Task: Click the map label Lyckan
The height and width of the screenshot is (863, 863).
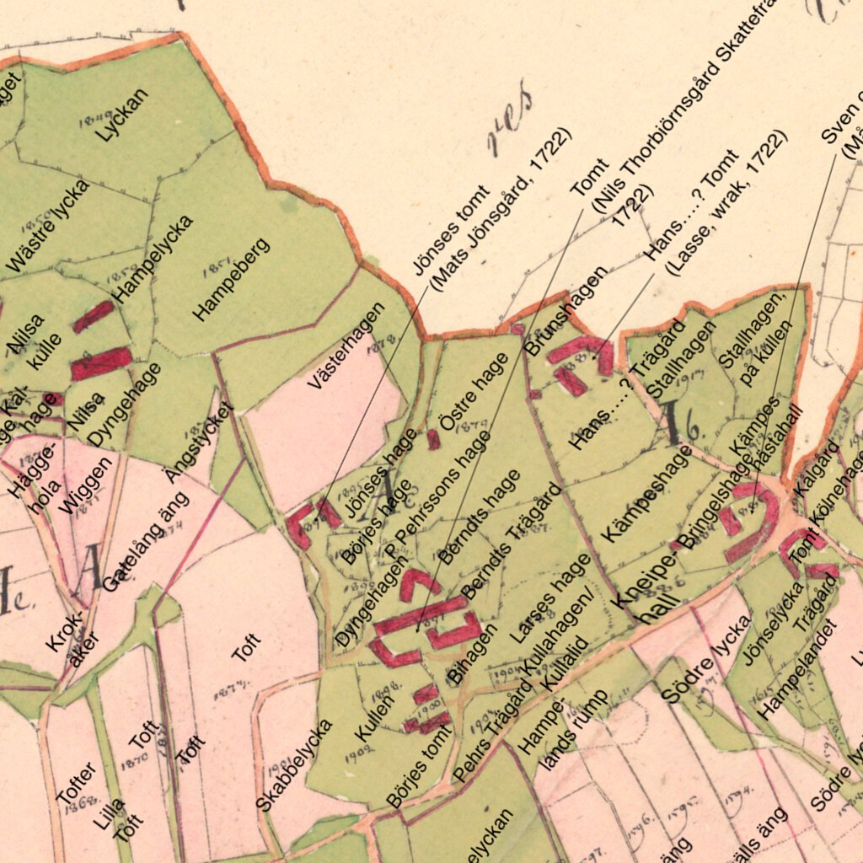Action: click(122, 115)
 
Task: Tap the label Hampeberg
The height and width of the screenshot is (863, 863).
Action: click(231, 280)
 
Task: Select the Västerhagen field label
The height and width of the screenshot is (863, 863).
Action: click(346, 346)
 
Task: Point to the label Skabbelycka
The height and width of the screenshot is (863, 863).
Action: click(294, 765)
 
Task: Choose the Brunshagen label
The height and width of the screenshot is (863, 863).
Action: click(566, 310)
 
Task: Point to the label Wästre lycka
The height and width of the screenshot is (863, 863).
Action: click(47, 226)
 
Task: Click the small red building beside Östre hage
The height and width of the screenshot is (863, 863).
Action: click(433, 439)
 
